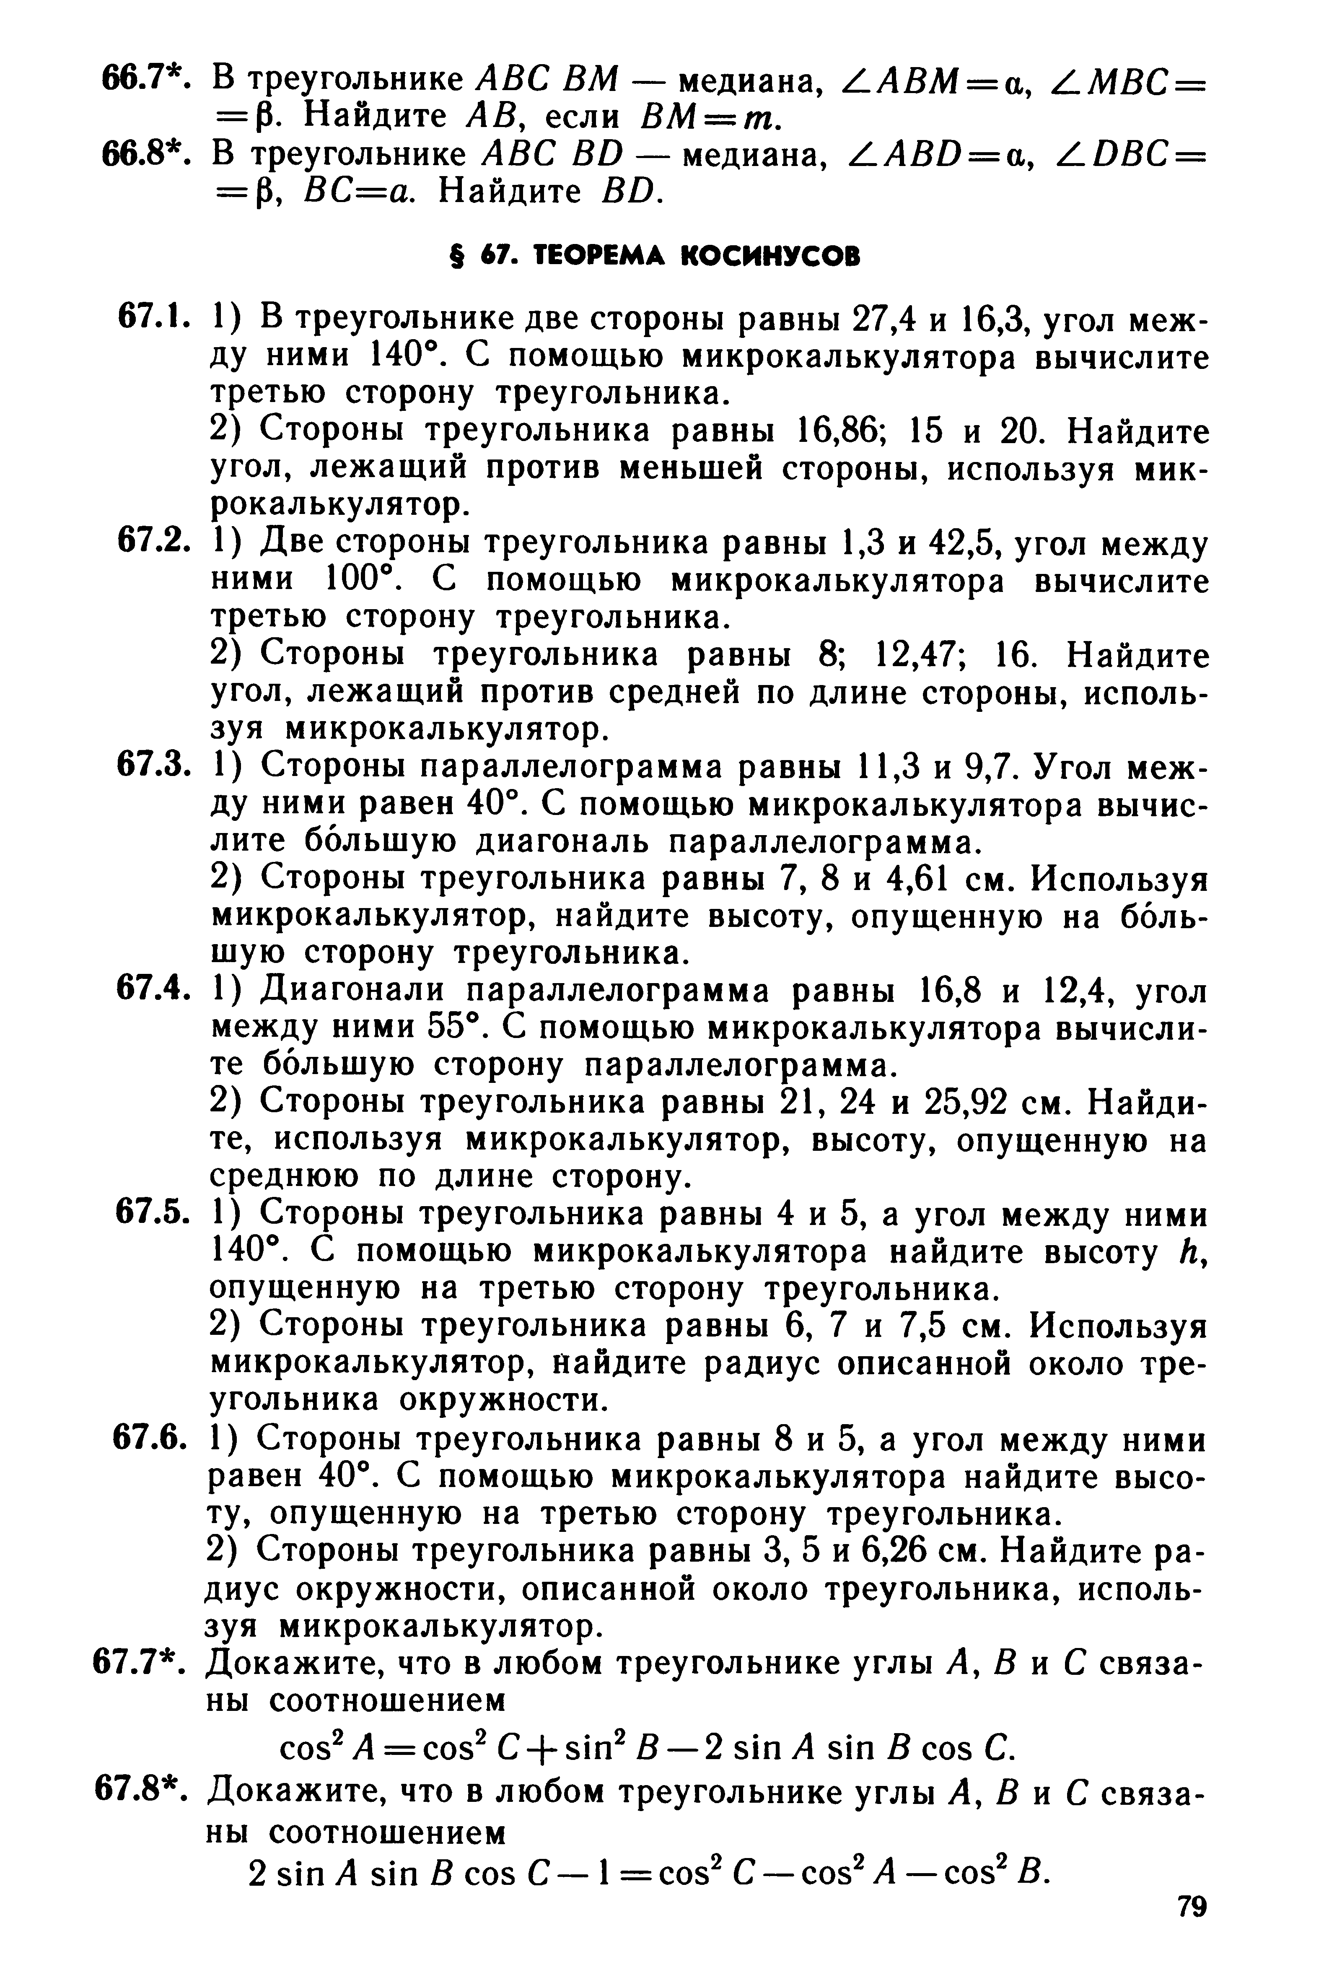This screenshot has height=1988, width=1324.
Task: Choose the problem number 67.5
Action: tap(150, 1214)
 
